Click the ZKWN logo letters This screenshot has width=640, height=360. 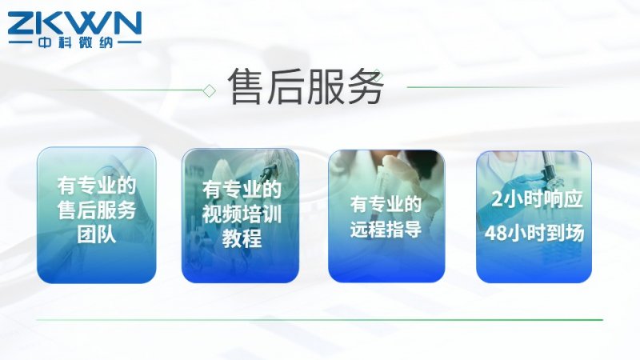coord(74,23)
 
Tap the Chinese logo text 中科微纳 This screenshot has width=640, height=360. coord(75,42)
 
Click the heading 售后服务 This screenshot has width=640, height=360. coord(306,86)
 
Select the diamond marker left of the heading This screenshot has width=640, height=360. coord(210,90)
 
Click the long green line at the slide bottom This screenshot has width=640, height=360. coord(319,320)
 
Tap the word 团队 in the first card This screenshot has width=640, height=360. coord(97,235)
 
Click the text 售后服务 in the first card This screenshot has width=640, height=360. coord(97,210)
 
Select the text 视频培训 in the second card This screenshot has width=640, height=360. coord(242,214)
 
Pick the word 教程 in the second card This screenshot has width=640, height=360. coord(242,238)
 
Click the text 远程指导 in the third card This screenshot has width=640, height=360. coord(386,229)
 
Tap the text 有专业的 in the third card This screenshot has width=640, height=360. coord(386,204)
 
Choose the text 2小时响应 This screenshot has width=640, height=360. coord(537,199)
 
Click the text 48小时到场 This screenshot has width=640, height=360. coord(534,233)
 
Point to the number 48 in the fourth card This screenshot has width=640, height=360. coord(494,234)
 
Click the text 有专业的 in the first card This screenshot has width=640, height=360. coord(97,186)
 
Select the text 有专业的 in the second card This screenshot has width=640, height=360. coord(242,190)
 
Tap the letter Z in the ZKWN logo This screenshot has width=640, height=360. coord(22,23)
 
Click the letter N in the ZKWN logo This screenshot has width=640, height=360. coord(126,23)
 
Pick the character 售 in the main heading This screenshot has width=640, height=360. coord(246,86)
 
